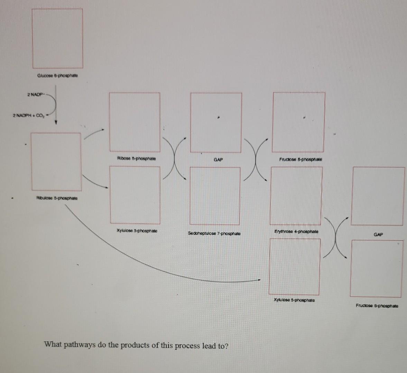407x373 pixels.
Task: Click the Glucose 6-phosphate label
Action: tap(58, 76)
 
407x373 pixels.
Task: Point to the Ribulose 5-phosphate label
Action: tap(57, 198)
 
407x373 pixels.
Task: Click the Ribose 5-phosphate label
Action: tap(136, 159)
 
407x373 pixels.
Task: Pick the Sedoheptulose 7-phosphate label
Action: tap(214, 233)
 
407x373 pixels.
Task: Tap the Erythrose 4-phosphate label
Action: tap(296, 231)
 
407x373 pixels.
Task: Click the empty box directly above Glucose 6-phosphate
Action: tap(57, 38)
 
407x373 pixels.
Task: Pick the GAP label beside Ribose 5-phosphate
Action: tap(218, 160)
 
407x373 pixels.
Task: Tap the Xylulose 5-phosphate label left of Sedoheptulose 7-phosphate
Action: tap(137, 231)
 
